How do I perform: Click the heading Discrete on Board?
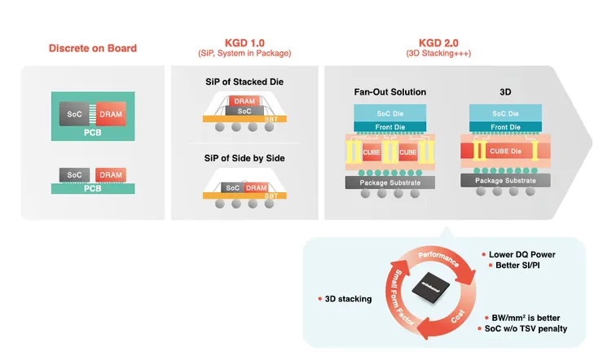click(x=93, y=48)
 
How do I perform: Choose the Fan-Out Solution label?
click(x=390, y=92)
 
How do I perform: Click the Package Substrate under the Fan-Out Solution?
click(x=390, y=182)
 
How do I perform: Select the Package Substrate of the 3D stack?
click(x=506, y=180)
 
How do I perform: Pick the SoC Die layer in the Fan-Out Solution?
click(x=390, y=114)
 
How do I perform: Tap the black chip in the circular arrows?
click(x=432, y=286)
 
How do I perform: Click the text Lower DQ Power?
click(x=522, y=254)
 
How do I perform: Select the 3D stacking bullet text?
click(x=348, y=299)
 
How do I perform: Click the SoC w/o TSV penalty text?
click(x=526, y=328)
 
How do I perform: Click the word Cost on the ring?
click(x=457, y=320)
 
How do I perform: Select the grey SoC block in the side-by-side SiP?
click(x=233, y=188)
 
